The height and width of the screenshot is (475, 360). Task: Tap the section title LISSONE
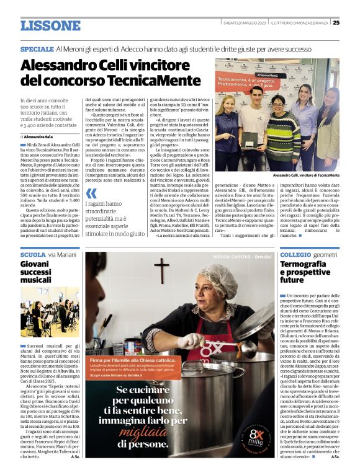click(x=51, y=25)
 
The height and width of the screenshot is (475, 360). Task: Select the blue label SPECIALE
click(x=36, y=48)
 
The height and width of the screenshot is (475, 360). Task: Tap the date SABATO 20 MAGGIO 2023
click(x=245, y=23)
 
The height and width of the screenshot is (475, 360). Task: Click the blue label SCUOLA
click(x=33, y=255)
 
